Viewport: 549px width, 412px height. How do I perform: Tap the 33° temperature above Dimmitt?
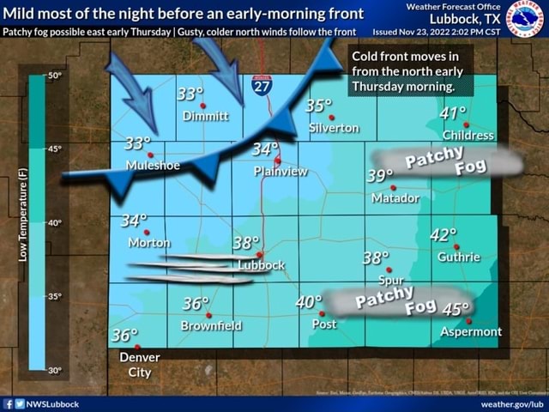click(190, 94)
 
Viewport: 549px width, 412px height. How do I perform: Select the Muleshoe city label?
click(153, 165)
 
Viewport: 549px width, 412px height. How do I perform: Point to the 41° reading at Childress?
click(452, 113)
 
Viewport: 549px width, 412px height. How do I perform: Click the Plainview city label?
click(281, 171)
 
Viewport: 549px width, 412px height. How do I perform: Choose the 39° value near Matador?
click(379, 176)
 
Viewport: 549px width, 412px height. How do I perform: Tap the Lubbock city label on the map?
click(261, 265)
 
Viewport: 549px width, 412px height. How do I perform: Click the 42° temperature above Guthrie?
click(443, 235)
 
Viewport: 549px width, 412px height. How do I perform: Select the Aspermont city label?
click(471, 331)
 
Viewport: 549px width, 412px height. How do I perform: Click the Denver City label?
click(140, 365)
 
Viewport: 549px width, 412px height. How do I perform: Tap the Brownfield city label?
click(211, 326)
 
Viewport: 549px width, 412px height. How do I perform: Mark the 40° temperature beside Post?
click(308, 303)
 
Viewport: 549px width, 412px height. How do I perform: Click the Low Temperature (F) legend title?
click(23, 215)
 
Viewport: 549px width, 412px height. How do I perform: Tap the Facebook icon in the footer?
click(8, 404)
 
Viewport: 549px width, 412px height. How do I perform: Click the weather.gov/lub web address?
click(512, 404)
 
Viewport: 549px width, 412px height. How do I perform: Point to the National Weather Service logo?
click(524, 19)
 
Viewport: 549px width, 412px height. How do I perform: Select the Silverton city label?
click(334, 128)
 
